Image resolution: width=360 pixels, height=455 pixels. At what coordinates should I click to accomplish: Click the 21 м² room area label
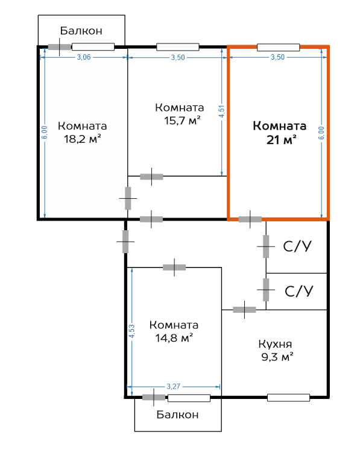[x=281, y=140]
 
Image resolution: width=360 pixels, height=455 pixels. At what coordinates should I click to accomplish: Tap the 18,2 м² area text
[x=83, y=139]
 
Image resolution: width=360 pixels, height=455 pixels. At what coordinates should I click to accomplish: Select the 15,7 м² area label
[x=182, y=121]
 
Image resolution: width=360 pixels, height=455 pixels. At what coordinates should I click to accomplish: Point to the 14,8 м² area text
[x=174, y=338]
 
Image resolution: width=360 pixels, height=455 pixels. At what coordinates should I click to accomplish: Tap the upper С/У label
[x=297, y=246]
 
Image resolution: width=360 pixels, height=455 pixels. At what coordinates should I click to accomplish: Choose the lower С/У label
[x=298, y=291]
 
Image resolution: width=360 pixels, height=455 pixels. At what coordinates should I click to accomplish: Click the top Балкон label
[x=81, y=31]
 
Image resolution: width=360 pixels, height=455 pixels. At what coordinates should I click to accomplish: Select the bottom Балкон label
[x=177, y=415]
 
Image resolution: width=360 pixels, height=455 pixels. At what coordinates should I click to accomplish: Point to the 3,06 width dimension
[x=84, y=57]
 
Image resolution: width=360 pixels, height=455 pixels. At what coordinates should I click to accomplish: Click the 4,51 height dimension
[x=221, y=111]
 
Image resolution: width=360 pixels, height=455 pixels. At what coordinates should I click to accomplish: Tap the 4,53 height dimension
[x=132, y=331]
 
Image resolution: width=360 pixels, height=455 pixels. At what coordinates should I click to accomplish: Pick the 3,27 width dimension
[x=173, y=386]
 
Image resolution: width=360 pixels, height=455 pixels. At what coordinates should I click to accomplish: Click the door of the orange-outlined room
[x=250, y=219]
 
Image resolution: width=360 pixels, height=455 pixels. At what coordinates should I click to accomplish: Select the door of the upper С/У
[x=266, y=246]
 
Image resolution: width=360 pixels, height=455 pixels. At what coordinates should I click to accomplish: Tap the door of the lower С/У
[x=266, y=290]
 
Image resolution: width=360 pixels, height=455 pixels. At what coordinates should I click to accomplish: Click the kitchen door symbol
[x=244, y=310]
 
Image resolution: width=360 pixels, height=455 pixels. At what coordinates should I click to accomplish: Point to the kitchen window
[x=289, y=398]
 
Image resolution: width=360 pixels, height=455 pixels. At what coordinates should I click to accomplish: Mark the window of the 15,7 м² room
[x=178, y=47]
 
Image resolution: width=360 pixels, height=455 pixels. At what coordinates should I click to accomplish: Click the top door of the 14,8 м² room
[x=174, y=268]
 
